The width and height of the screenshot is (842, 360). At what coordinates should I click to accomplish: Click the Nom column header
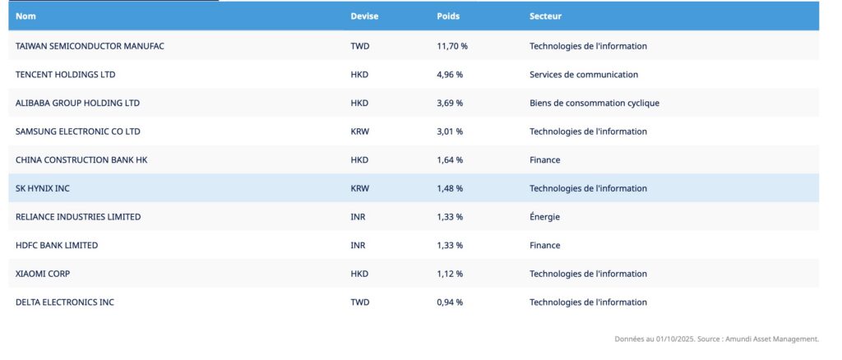click(x=25, y=16)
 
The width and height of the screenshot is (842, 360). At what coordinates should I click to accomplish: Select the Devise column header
click(x=364, y=16)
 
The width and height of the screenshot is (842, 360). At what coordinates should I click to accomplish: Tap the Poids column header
click(x=448, y=16)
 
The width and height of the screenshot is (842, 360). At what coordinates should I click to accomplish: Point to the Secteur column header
click(x=546, y=16)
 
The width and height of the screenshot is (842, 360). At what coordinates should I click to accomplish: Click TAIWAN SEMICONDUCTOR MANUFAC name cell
click(x=90, y=46)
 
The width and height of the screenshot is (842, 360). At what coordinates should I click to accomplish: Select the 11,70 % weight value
click(x=452, y=46)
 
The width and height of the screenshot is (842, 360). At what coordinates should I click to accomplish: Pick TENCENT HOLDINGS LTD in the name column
click(x=66, y=75)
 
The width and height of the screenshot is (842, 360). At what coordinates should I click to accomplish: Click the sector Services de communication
click(x=584, y=75)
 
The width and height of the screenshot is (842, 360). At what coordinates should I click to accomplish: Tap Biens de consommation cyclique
click(x=594, y=103)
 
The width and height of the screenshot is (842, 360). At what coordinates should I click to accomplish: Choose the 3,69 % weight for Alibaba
click(x=450, y=103)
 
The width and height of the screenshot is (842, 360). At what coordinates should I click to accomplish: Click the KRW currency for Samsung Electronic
click(x=360, y=132)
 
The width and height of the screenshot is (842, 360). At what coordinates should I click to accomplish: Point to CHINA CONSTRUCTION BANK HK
click(x=81, y=160)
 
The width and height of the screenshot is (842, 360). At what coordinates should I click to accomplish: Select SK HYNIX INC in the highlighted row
click(x=43, y=188)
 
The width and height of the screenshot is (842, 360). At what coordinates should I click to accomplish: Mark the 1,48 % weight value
click(x=450, y=188)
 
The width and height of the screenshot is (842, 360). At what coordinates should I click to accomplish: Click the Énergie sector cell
click(x=544, y=217)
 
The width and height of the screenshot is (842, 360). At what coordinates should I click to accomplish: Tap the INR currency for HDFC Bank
click(x=358, y=245)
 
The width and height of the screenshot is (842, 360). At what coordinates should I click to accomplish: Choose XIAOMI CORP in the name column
click(x=43, y=274)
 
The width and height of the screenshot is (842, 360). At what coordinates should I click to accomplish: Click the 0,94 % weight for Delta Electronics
click(x=450, y=302)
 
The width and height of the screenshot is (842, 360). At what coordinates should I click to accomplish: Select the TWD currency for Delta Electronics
click(x=360, y=302)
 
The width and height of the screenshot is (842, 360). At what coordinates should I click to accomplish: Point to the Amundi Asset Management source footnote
click(x=717, y=339)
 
